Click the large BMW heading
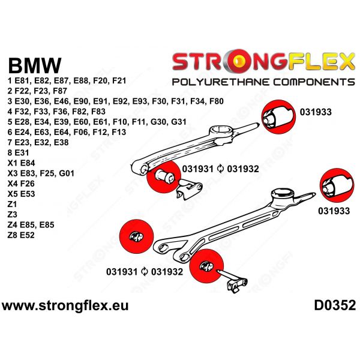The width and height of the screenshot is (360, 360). click(x=34, y=65)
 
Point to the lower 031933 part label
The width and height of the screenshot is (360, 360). click(x=334, y=211)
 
